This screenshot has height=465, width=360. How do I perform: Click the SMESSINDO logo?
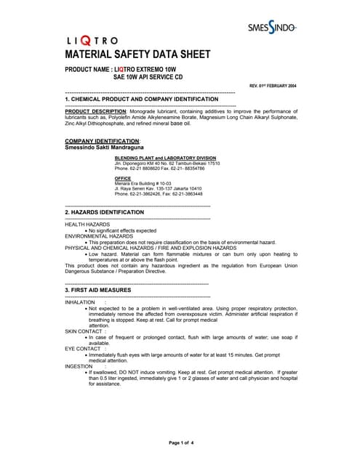click(271, 27)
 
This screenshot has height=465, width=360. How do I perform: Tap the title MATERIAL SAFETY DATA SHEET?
click(138, 54)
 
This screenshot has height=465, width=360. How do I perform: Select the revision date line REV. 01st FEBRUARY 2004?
click(272, 86)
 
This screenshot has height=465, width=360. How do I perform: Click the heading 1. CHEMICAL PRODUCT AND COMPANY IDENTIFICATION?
click(142, 99)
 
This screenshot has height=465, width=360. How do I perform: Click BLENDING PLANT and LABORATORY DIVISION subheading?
click(165, 158)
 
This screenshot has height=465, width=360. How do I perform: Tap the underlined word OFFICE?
click(122, 178)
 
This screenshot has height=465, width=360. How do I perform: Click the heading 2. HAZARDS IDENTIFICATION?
click(105, 212)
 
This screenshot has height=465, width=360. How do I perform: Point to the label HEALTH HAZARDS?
click(87, 225)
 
